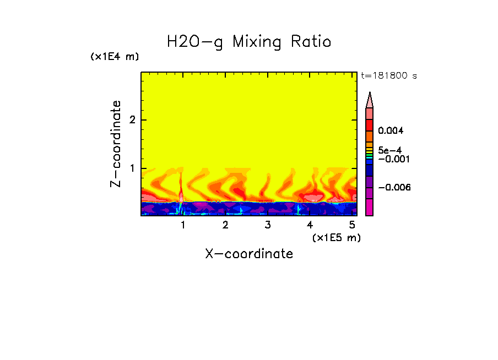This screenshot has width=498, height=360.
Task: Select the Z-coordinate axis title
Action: pyautogui.click(x=116, y=144)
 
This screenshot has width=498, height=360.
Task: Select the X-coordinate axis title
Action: pyautogui.click(x=249, y=254)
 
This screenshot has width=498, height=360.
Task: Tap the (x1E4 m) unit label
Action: pyautogui.click(x=115, y=57)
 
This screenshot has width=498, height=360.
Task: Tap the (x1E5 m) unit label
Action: pyautogui.click(x=336, y=237)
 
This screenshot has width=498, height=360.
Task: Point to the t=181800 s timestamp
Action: pyautogui.click(x=388, y=75)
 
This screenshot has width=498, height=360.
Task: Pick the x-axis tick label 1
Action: pyautogui.click(x=183, y=225)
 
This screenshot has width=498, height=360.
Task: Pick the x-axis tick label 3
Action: pyautogui.click(x=267, y=225)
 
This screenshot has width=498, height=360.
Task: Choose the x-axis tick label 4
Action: pyautogui.click(x=310, y=225)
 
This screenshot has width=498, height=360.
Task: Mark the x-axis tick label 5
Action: pyautogui.click(x=352, y=225)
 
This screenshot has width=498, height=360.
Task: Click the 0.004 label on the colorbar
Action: pyautogui.click(x=391, y=130)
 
